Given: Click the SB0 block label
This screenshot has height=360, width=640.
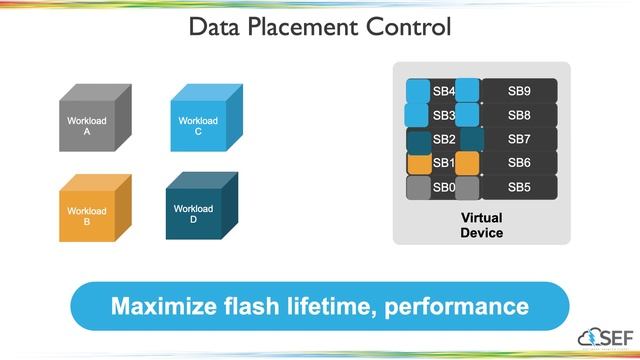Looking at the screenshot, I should click(444, 187).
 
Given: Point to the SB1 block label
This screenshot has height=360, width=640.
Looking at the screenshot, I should click(444, 163).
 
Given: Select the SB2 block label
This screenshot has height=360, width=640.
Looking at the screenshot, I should click(444, 139).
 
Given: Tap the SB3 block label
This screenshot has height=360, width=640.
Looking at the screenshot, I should click(444, 115).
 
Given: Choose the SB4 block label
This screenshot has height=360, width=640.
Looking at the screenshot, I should click(444, 91).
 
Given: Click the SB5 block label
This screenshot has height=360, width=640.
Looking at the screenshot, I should click(519, 187).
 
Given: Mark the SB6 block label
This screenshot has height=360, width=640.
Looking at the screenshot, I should click(519, 163).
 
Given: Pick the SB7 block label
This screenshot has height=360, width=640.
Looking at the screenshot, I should click(519, 139).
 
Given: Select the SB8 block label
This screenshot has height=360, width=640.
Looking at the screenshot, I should click(519, 115).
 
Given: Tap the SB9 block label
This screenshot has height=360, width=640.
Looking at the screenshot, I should click(519, 91).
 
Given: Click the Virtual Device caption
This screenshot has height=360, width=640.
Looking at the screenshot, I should click(481, 225).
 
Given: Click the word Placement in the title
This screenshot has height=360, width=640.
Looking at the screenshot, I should click(318, 27).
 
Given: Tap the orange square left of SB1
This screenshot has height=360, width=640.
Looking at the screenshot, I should click(418, 163).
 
